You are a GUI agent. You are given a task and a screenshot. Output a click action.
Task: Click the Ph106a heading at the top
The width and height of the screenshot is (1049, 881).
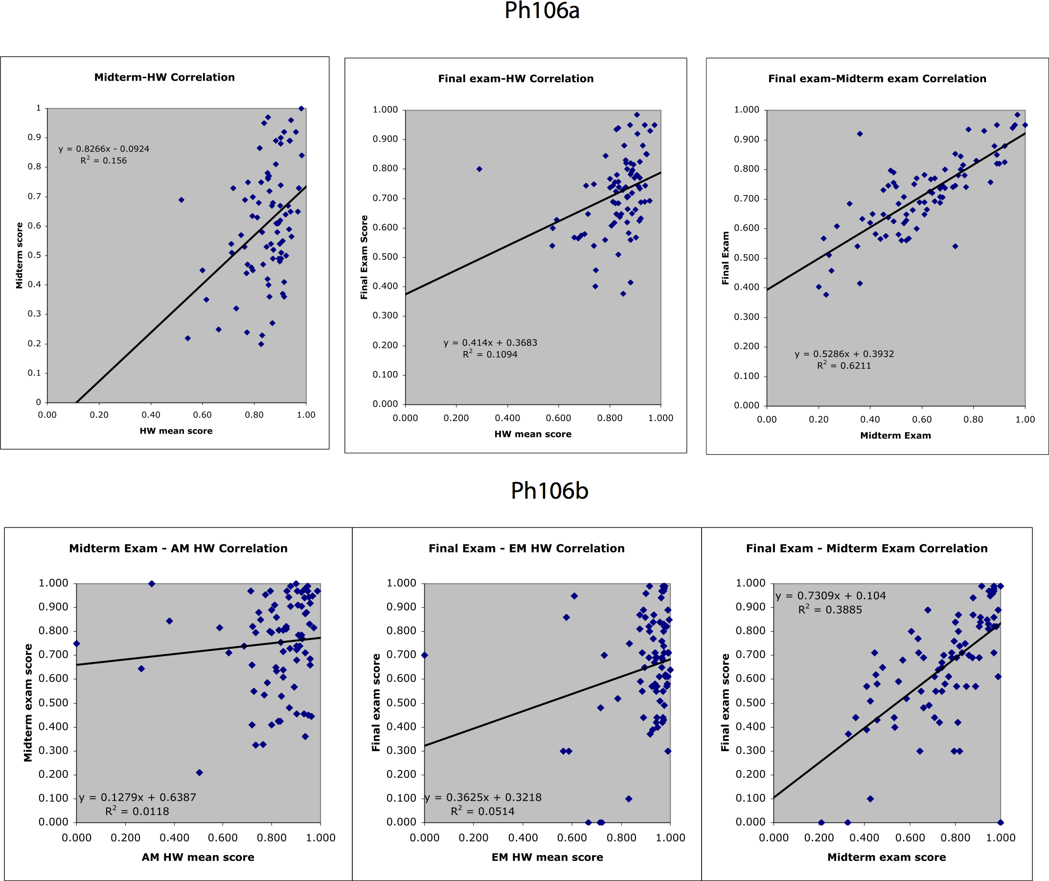click(542, 11)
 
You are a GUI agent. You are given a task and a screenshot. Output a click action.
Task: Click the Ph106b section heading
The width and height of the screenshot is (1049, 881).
click(549, 491)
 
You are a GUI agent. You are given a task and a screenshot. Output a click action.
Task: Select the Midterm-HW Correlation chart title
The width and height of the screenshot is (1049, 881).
click(164, 77)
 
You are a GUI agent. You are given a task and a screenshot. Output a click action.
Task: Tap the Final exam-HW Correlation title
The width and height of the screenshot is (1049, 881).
click(516, 79)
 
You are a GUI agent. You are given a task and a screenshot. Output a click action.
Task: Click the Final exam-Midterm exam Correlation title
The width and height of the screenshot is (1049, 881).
click(877, 79)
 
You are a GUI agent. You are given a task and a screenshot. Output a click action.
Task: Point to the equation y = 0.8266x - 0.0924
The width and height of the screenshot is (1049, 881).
click(104, 149)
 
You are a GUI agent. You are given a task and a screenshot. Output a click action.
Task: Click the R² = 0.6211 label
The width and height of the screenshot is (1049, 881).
click(844, 366)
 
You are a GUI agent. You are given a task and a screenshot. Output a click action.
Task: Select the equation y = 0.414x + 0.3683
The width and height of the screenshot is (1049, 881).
click(490, 343)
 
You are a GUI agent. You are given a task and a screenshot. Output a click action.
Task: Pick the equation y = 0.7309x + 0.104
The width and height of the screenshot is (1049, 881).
click(831, 596)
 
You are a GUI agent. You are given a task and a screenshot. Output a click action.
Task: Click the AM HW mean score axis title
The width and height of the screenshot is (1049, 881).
click(198, 857)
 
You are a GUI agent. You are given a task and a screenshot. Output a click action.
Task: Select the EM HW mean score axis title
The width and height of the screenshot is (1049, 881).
click(547, 857)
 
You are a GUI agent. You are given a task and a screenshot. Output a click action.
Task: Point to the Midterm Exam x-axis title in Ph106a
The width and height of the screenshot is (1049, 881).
click(895, 436)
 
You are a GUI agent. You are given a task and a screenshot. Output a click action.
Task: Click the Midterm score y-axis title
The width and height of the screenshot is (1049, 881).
click(20, 256)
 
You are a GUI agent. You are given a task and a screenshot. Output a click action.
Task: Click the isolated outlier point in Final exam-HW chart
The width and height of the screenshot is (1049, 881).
click(479, 169)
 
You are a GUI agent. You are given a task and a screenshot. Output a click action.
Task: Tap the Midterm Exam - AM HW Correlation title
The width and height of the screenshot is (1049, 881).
click(179, 549)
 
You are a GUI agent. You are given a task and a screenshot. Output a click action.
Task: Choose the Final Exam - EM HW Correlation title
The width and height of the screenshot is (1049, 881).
click(527, 549)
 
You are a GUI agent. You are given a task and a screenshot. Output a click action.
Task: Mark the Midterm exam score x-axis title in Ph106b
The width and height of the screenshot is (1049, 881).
click(887, 857)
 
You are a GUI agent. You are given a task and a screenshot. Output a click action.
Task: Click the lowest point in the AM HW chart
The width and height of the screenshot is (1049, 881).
click(200, 772)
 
